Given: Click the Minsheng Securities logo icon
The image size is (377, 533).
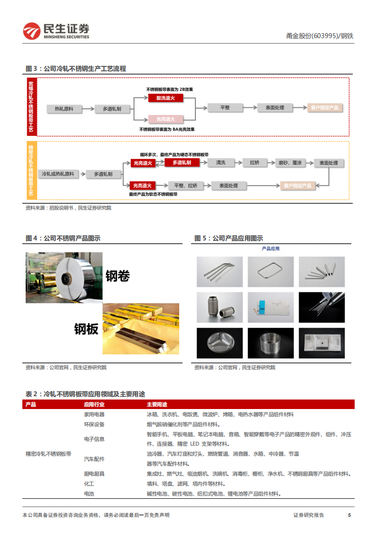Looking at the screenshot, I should tap(31, 31).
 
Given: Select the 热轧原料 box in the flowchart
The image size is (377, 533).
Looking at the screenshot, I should tap(64, 109).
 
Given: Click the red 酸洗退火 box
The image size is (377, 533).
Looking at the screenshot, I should tap(166, 98).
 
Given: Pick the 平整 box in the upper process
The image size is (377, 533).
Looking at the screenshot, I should tap(225, 108).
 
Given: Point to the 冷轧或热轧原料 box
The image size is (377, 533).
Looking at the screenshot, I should tap(58, 174).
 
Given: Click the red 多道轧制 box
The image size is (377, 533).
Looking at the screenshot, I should tap(182, 163).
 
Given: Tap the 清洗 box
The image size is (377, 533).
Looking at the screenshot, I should tap(221, 163).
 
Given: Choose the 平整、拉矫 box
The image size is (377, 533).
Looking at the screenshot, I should tap(186, 185).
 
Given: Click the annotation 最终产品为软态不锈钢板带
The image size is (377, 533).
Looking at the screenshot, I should tap(153, 194).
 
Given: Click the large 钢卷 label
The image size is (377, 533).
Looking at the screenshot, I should tap(117, 276).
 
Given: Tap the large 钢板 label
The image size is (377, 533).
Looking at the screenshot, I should tap(86, 329).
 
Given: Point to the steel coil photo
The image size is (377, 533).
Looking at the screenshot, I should tap(64, 277).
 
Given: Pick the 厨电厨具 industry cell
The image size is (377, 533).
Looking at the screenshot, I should tap(94, 474).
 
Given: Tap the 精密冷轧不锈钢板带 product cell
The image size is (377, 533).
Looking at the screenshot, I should tap(48, 454).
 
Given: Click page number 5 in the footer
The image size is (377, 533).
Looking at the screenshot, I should tap(349, 515).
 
